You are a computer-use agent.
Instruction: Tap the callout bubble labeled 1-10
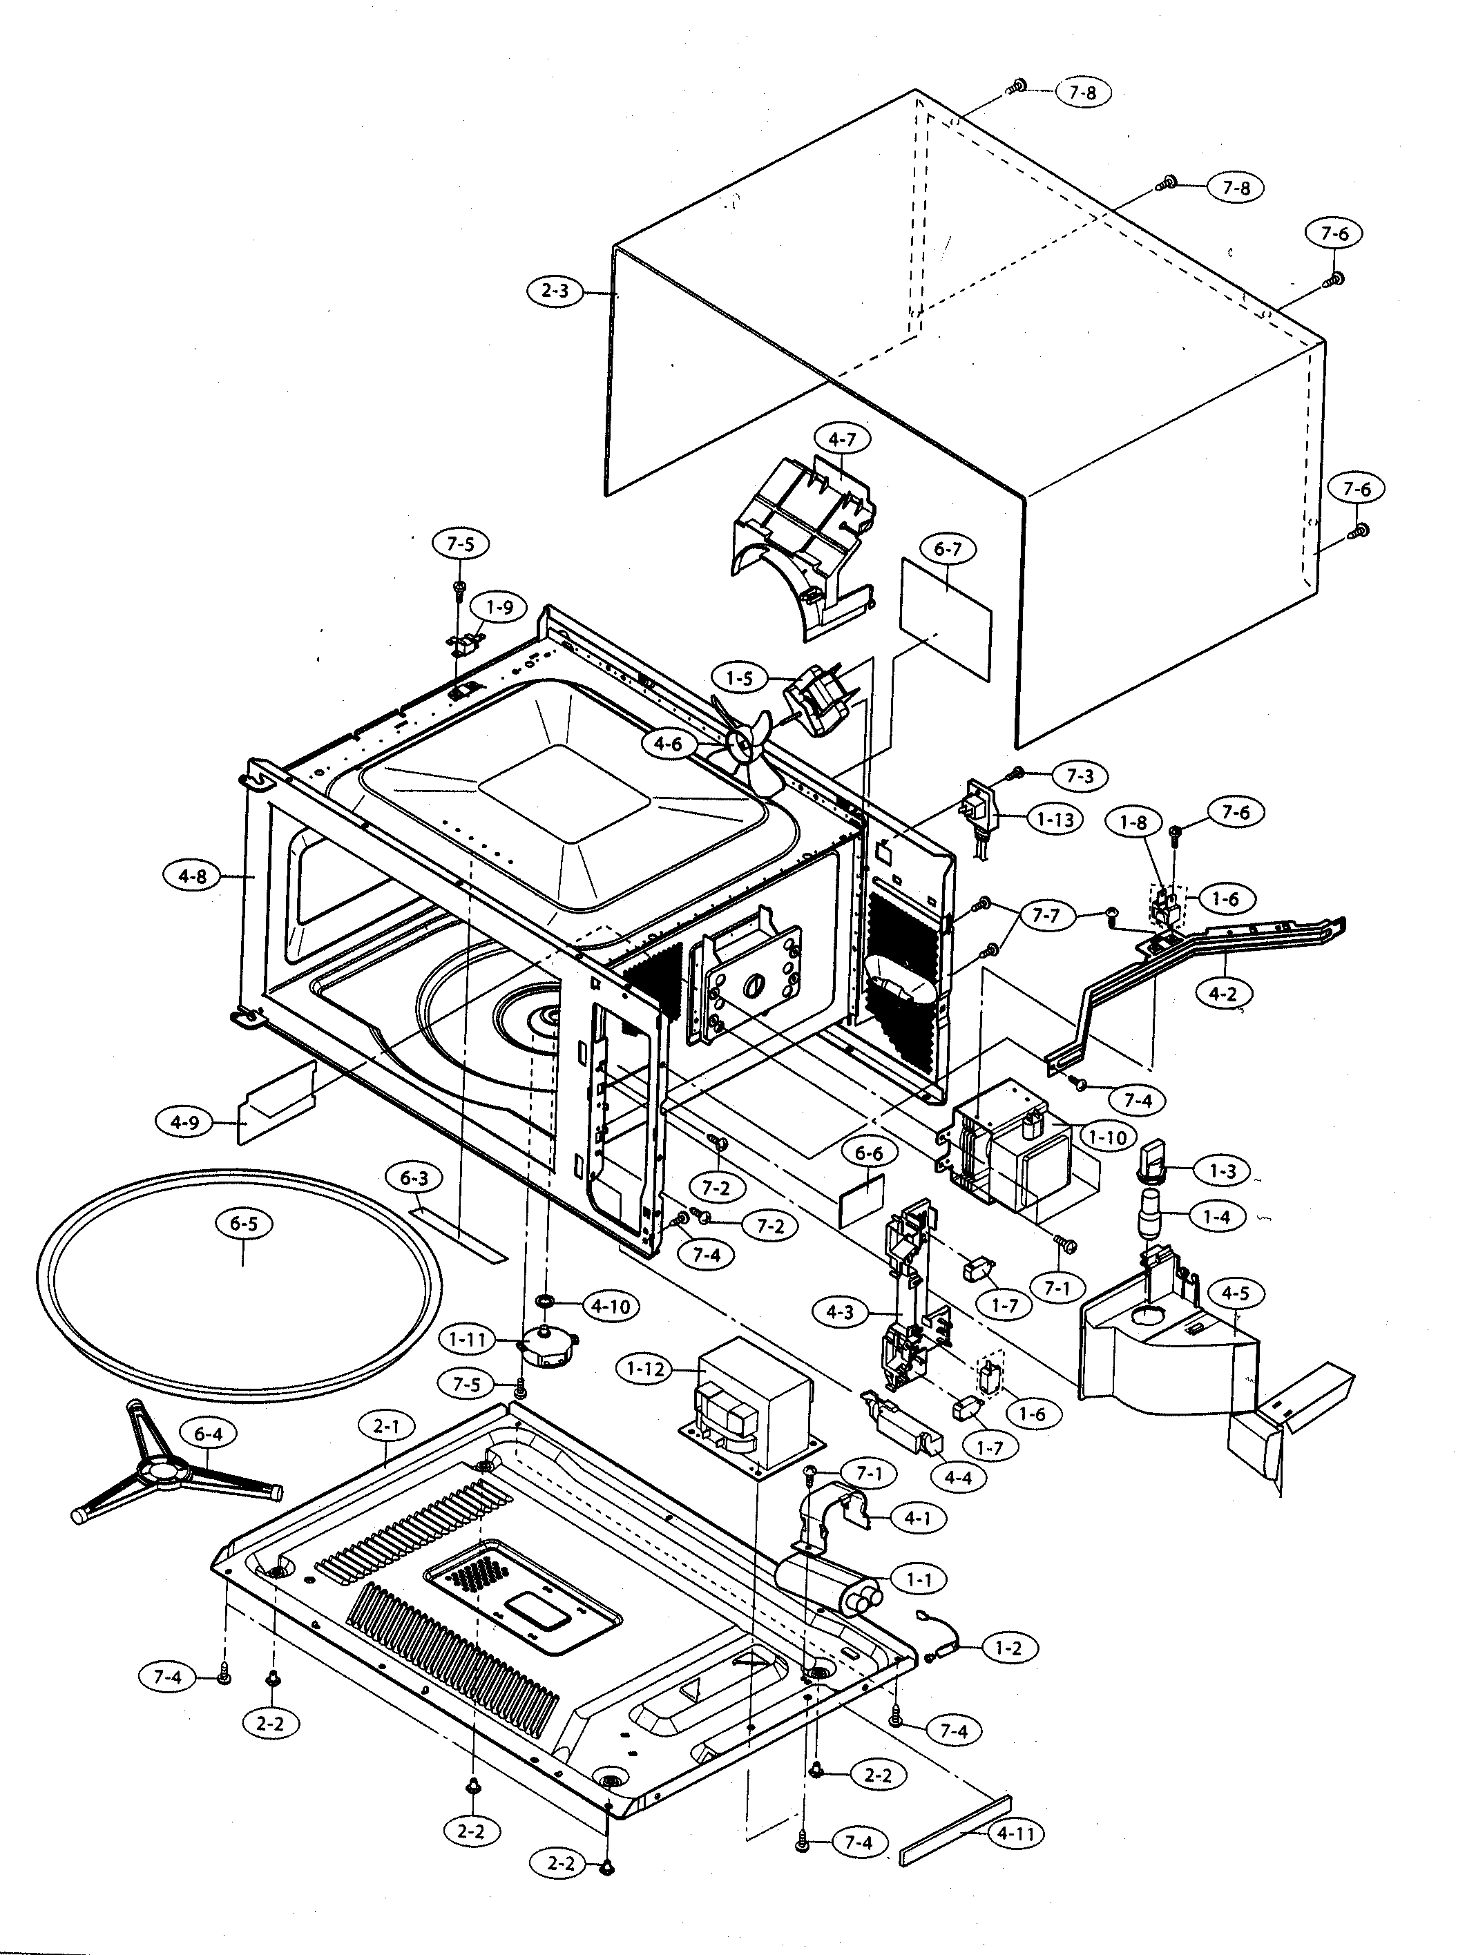1106,1137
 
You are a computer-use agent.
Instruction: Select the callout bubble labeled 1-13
1055,819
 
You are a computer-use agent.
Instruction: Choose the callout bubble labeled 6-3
414,1178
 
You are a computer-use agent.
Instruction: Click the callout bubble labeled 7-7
1046,915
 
